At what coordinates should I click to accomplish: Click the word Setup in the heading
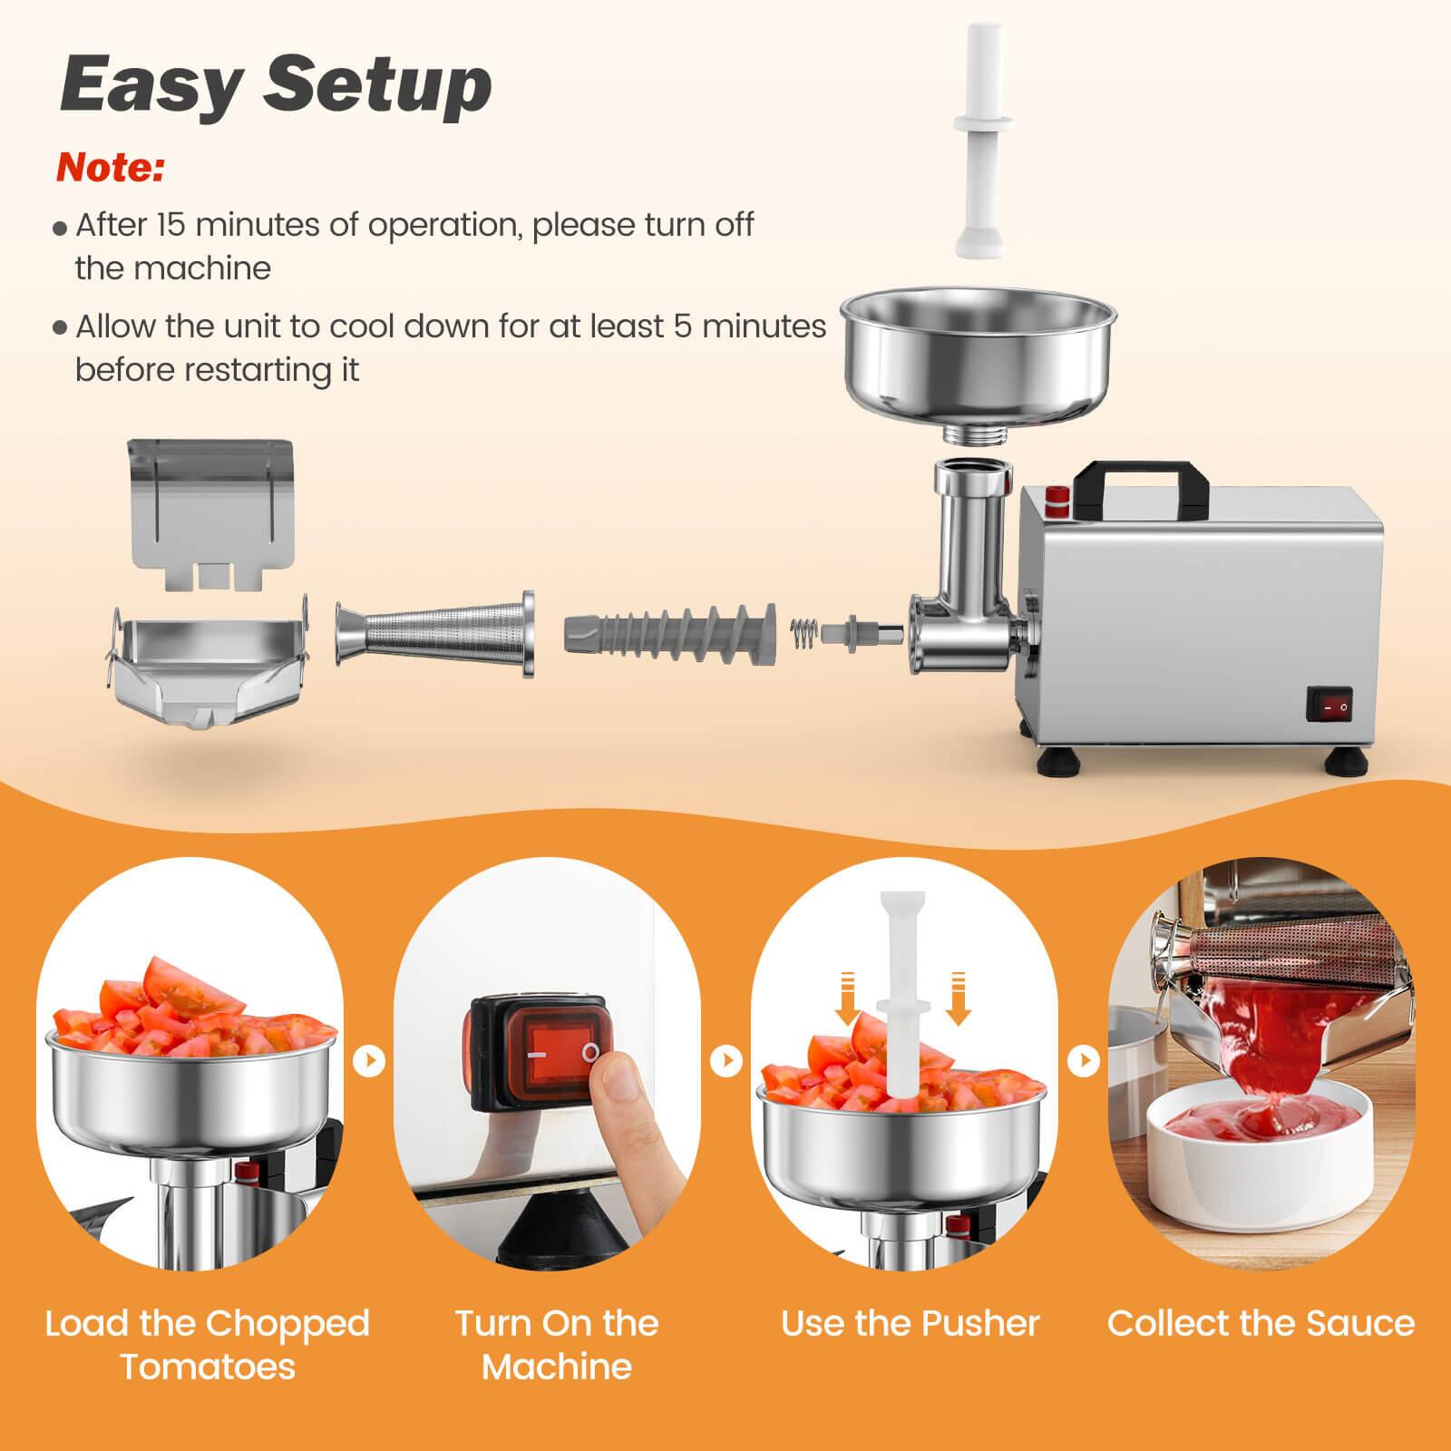point(377,84)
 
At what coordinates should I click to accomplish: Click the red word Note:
point(110,169)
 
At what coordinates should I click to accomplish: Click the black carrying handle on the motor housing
point(1140,481)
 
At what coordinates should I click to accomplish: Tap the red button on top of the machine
point(1057,496)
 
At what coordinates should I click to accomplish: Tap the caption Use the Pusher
point(910,1324)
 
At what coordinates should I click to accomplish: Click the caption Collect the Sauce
point(1261,1324)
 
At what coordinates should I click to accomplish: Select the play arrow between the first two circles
point(369,1060)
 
